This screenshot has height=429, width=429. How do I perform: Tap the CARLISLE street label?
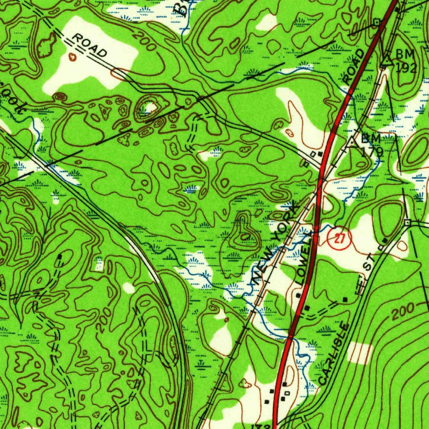pyautogui.click(x=333, y=353)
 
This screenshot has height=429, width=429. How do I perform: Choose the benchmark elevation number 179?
pyautogui.click(x=372, y=152)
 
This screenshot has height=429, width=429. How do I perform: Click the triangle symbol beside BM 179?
pyautogui.click(x=353, y=142)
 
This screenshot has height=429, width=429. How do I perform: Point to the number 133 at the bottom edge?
pyautogui.click(x=260, y=426)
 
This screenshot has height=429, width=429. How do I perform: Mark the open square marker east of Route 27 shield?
pyautogui.click(x=407, y=222)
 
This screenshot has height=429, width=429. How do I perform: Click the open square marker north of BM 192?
pyautogui.click(x=377, y=21)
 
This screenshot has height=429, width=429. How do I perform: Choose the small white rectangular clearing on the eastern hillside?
pyautogui.click(x=359, y=352)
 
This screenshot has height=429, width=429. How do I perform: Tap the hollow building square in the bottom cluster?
pyautogui.click(x=287, y=393)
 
